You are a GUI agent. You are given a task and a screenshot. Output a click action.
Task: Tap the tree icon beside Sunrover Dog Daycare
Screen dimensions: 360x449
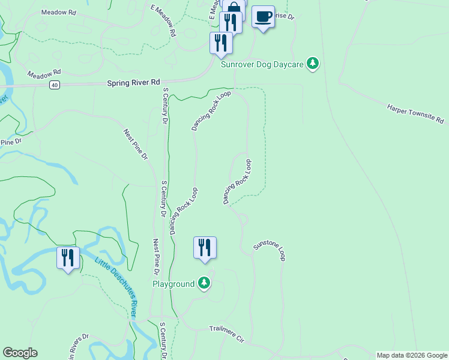click(312, 63)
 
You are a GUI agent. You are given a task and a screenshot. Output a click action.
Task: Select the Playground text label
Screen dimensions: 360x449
click(173, 284)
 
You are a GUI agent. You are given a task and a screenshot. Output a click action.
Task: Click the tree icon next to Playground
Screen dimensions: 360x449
click(205, 283)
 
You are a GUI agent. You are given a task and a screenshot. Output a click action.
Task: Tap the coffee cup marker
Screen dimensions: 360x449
click(263, 17)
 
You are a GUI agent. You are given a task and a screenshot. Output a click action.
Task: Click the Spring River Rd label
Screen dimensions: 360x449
click(134, 82)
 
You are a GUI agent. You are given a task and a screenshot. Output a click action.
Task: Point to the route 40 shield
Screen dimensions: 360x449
click(55, 85)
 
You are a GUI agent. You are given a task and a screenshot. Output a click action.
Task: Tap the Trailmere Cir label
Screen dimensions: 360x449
click(228, 334)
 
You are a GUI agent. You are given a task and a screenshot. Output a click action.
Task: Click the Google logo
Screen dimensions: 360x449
click(20, 353)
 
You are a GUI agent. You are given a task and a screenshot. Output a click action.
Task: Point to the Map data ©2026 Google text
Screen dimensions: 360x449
click(412, 355)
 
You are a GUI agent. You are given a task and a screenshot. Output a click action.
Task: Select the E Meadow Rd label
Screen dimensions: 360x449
click(166, 21)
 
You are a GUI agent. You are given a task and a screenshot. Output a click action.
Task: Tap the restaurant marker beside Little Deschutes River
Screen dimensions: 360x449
click(68, 258)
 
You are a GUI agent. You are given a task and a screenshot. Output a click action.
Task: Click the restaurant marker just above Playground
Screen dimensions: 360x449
click(205, 247)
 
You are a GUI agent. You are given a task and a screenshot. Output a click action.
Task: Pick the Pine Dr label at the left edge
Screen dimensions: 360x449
click(10, 142)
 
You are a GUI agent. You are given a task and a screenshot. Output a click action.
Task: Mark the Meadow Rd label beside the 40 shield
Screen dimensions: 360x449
click(44, 74)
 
